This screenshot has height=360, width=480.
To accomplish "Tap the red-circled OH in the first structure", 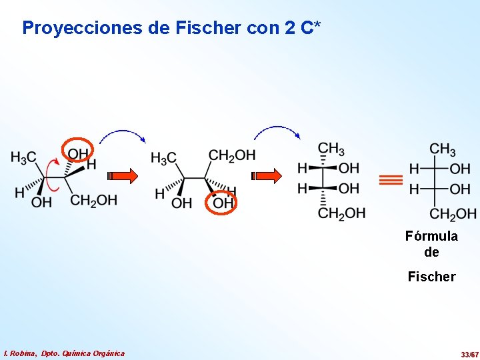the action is point(77,154).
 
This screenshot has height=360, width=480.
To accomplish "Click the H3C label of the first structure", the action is point(23,157).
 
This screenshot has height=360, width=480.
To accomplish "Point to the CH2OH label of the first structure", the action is point(93,200).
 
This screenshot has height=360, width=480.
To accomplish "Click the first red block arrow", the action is point(123,176).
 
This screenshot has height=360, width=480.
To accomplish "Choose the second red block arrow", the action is point(267,176).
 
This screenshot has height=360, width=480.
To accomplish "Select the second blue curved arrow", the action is point(277,131).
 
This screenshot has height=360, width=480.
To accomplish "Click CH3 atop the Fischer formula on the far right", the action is point(443,149).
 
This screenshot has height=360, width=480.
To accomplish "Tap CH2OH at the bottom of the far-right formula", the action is point(453,214).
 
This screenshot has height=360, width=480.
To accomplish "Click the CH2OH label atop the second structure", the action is point(232,155).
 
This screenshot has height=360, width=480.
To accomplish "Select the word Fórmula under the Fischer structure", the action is point(431,236).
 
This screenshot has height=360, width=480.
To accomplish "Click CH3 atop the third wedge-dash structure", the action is point(331,148).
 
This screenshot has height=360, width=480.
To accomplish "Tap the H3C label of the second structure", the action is point(164,158).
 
